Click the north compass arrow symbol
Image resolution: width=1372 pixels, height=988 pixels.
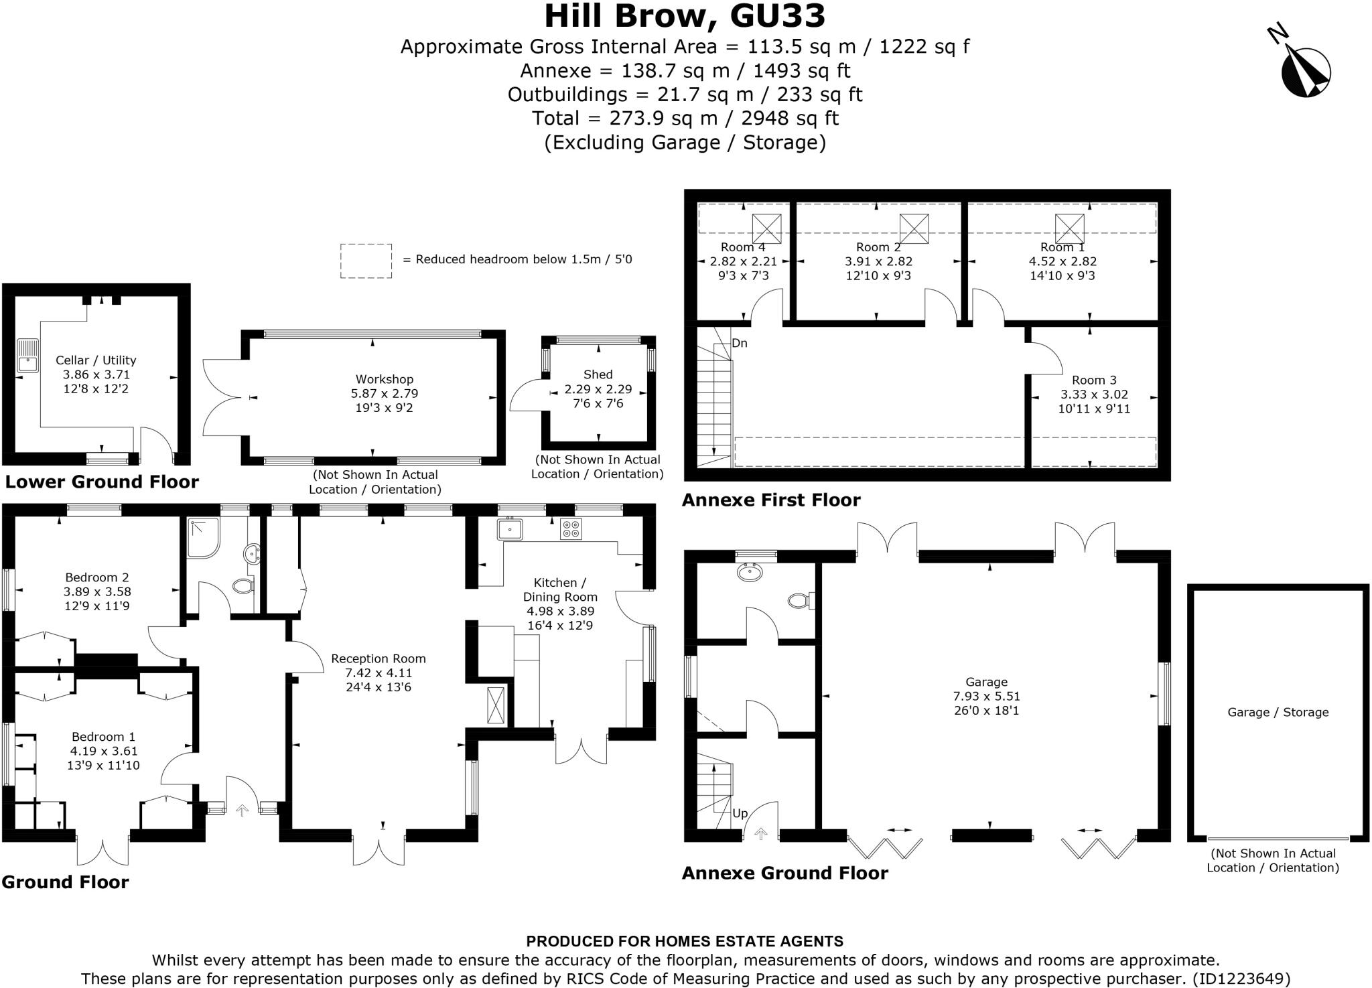1305,72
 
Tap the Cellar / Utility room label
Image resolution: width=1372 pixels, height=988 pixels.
96,360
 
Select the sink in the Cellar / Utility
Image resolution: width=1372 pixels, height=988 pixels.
28,356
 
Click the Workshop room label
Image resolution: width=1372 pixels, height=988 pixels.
384,379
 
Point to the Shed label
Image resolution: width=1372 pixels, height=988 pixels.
598,374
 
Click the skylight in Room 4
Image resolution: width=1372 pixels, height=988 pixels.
766,228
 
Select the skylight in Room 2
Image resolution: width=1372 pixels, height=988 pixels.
914,228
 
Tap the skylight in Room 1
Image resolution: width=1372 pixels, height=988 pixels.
1069,228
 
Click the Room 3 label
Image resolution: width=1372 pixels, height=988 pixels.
1094,380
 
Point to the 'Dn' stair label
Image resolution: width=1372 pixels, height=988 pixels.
739,344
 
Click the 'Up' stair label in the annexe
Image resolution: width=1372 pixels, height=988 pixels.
740,814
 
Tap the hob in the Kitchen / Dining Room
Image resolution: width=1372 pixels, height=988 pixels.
571,529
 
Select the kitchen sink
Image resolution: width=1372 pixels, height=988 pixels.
510,528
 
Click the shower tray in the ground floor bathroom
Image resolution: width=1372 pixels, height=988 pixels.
202,537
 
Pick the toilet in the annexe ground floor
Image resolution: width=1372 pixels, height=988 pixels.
799,600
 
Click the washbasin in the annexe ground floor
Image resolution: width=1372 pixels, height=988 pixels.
749,571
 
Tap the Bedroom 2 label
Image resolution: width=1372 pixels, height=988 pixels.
97,577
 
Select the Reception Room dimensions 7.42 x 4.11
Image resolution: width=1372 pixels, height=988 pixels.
379,673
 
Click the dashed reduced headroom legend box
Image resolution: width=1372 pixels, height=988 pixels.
366,261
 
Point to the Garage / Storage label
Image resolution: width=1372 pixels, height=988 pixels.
1278,712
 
